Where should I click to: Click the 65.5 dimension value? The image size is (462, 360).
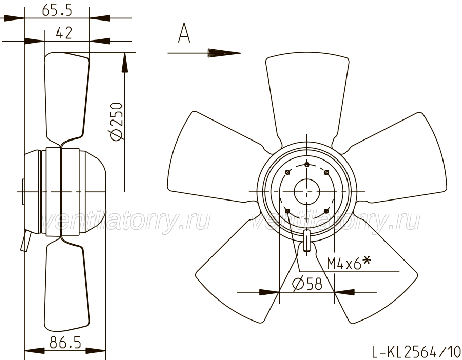click(57, 10)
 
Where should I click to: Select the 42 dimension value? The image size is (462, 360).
click(64, 33)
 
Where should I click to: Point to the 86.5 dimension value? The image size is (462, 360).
click(65, 343)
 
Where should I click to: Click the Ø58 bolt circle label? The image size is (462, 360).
click(307, 284)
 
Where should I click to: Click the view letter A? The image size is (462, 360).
click(184, 33)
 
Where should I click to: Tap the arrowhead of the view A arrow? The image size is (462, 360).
click(224, 53)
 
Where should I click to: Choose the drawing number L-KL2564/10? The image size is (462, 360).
click(416, 351)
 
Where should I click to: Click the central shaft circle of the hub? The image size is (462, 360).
click(307, 192)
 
